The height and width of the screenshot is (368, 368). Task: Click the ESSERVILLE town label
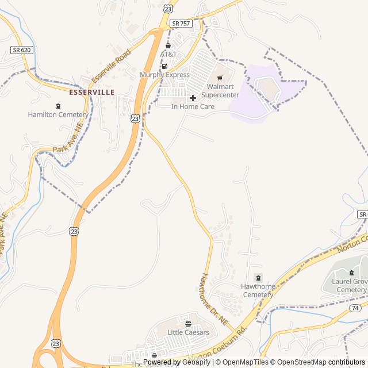[x=91, y=92]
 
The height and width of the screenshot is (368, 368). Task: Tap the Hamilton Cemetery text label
[x=58, y=114]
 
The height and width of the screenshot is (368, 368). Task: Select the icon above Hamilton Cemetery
[x=58, y=106]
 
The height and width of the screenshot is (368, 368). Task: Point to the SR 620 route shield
[x=21, y=50]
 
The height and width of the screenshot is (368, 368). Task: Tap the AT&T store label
[x=168, y=54]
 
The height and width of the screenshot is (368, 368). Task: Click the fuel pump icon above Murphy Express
[x=165, y=66]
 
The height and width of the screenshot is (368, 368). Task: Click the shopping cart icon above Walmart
[x=220, y=78]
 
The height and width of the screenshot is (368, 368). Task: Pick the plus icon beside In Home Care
[x=193, y=98]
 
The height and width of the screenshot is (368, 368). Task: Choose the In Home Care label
[x=193, y=106]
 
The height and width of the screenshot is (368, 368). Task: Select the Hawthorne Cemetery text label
[x=258, y=290]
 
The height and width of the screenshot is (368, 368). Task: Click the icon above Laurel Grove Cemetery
[x=352, y=273]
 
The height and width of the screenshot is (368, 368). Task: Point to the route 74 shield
[x=354, y=309]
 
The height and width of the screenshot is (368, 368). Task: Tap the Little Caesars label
[x=188, y=332]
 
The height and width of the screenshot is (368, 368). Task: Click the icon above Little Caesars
[x=188, y=324]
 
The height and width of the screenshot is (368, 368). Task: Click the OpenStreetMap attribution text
[x=299, y=362]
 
